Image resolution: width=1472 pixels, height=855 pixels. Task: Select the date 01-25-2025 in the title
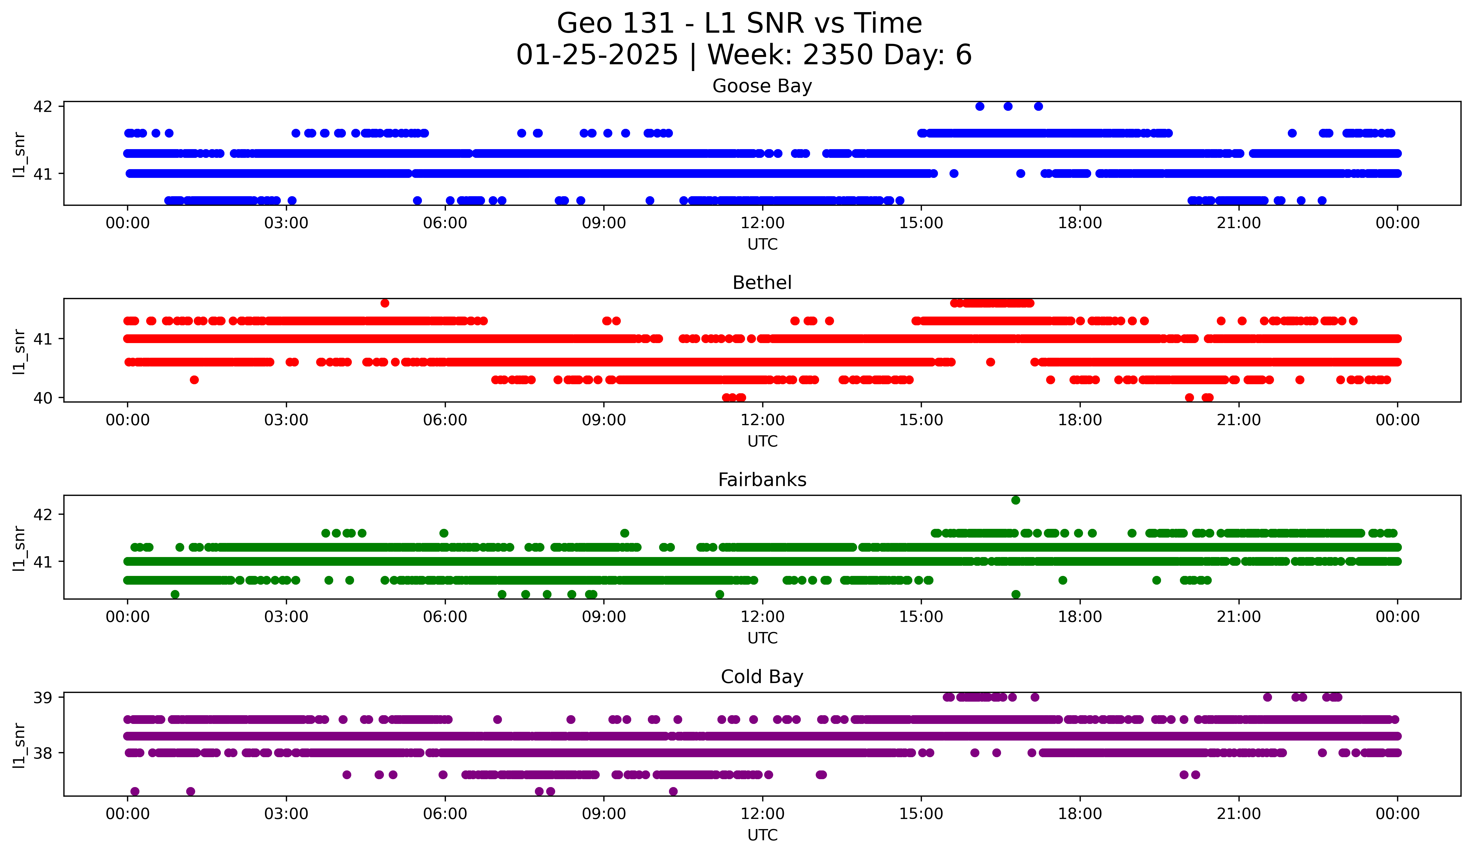pyautogui.click(x=597, y=55)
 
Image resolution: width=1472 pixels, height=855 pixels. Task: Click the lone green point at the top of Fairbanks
pyautogui.click(x=1016, y=500)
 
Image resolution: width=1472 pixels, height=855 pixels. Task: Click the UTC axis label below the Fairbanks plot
pyautogui.click(x=762, y=638)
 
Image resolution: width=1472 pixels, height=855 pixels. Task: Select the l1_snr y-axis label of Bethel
pyautogui.click(x=19, y=351)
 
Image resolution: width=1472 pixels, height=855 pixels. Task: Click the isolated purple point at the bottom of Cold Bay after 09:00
pyautogui.click(x=673, y=791)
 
